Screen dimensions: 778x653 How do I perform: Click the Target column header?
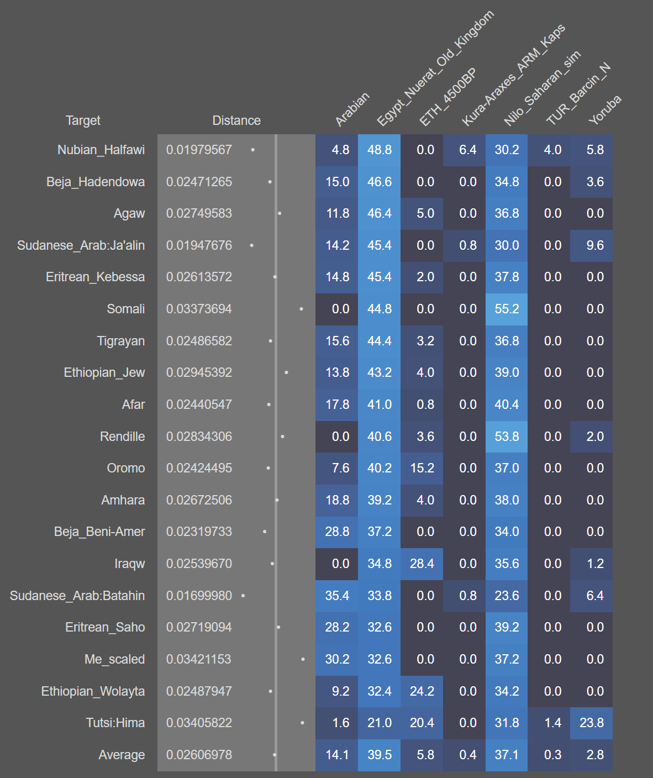pyautogui.click(x=83, y=120)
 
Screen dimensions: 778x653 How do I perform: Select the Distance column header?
pyautogui.click(x=236, y=120)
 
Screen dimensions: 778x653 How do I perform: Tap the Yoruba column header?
pyautogui.click(x=604, y=109)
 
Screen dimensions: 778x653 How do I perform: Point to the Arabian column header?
pyautogui.click(x=352, y=109)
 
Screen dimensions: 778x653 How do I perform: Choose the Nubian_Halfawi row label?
pyautogui.click(x=101, y=150)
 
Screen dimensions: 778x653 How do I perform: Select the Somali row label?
pyautogui.click(x=126, y=309)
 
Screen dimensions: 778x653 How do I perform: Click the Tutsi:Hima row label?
pyautogui.click(x=115, y=723)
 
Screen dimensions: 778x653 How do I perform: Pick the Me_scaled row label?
pyautogui.click(x=115, y=659)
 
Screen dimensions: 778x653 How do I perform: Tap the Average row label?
pyautogui.click(x=122, y=755)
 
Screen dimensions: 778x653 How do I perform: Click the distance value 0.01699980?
pyautogui.click(x=199, y=596)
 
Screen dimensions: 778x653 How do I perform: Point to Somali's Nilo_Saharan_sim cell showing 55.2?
pyautogui.click(x=507, y=309)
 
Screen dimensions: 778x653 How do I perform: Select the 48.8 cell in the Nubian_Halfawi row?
pyautogui.click(x=380, y=150)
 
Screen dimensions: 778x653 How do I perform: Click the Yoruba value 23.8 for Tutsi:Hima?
pyautogui.click(x=592, y=723)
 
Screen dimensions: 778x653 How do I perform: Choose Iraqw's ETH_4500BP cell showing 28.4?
pyautogui.click(x=422, y=564)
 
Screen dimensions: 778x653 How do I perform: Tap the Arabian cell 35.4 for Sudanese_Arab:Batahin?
pyautogui.click(x=337, y=596)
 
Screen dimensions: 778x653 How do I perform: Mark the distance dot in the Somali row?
pyautogui.click(x=301, y=309)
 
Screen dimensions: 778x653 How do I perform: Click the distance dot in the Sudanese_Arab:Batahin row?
pyautogui.click(x=243, y=596)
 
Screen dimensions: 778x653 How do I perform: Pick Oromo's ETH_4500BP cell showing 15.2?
pyautogui.click(x=422, y=468)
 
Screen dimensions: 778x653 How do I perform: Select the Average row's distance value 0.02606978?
pyautogui.click(x=199, y=755)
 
